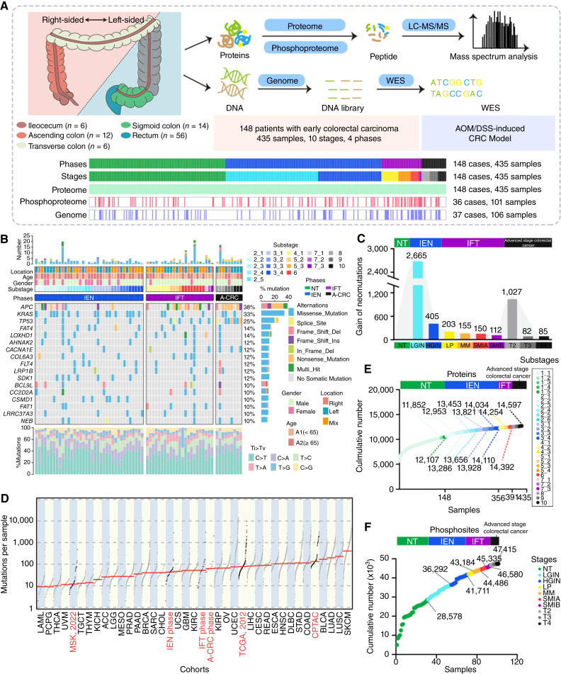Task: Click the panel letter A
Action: [6, 6]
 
